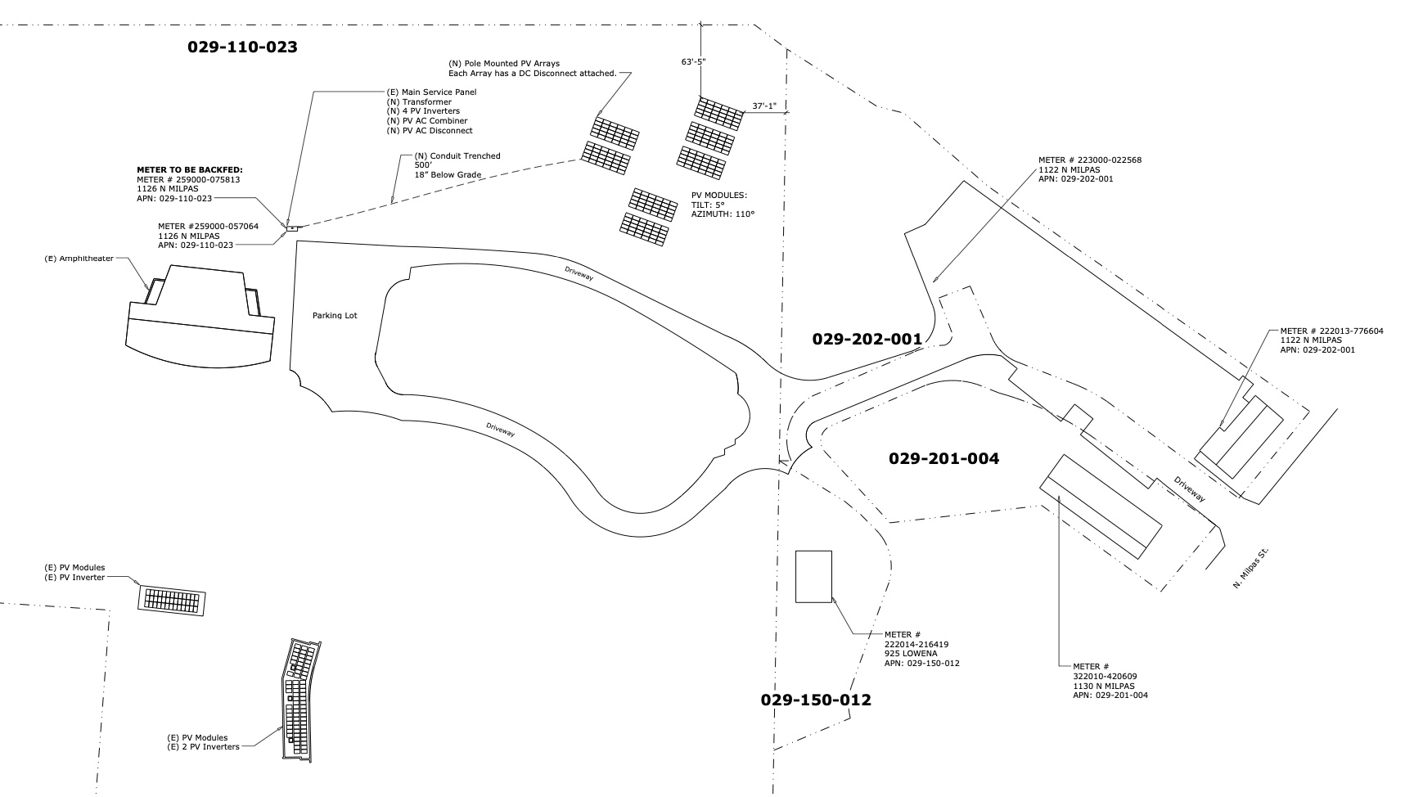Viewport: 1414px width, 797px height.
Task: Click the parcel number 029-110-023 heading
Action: (x=242, y=47)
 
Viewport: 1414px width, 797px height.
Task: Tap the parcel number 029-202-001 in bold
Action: (x=867, y=339)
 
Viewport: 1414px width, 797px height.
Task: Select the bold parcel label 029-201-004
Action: (x=943, y=459)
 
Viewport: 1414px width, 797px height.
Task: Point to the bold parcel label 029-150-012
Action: (x=816, y=700)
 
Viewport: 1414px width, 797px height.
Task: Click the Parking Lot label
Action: (x=335, y=316)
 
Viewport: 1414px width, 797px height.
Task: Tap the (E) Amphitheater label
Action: (x=79, y=259)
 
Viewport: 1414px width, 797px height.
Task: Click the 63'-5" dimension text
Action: (x=693, y=61)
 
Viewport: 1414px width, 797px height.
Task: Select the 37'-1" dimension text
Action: (x=764, y=106)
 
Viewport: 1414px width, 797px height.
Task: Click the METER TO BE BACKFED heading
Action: (x=190, y=170)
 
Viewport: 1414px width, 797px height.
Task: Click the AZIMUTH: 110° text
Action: (x=723, y=214)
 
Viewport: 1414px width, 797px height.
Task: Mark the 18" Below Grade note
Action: (x=448, y=175)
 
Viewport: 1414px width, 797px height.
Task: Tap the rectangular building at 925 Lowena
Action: (x=813, y=577)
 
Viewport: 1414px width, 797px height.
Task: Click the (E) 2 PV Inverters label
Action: (x=204, y=747)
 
